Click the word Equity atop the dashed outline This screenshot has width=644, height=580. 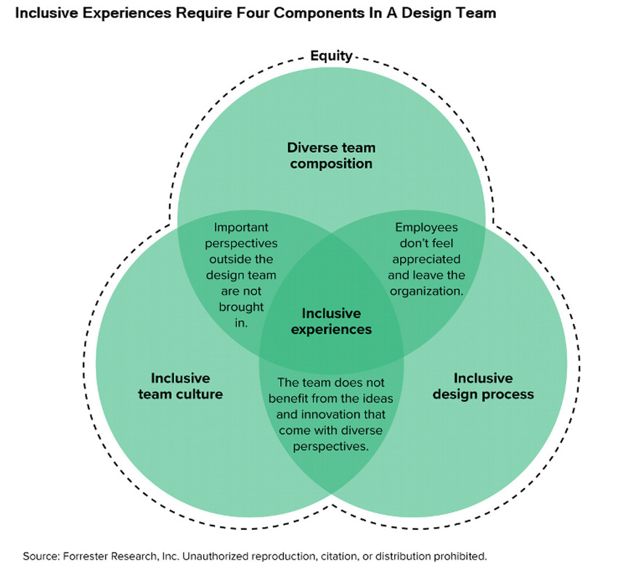click(x=331, y=55)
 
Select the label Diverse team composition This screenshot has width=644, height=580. click(x=331, y=155)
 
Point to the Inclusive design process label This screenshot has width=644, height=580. click(x=483, y=386)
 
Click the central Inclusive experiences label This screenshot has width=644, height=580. click(x=331, y=321)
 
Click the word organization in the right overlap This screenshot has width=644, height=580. click(x=425, y=291)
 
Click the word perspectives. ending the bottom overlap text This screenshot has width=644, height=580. click(x=331, y=447)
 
